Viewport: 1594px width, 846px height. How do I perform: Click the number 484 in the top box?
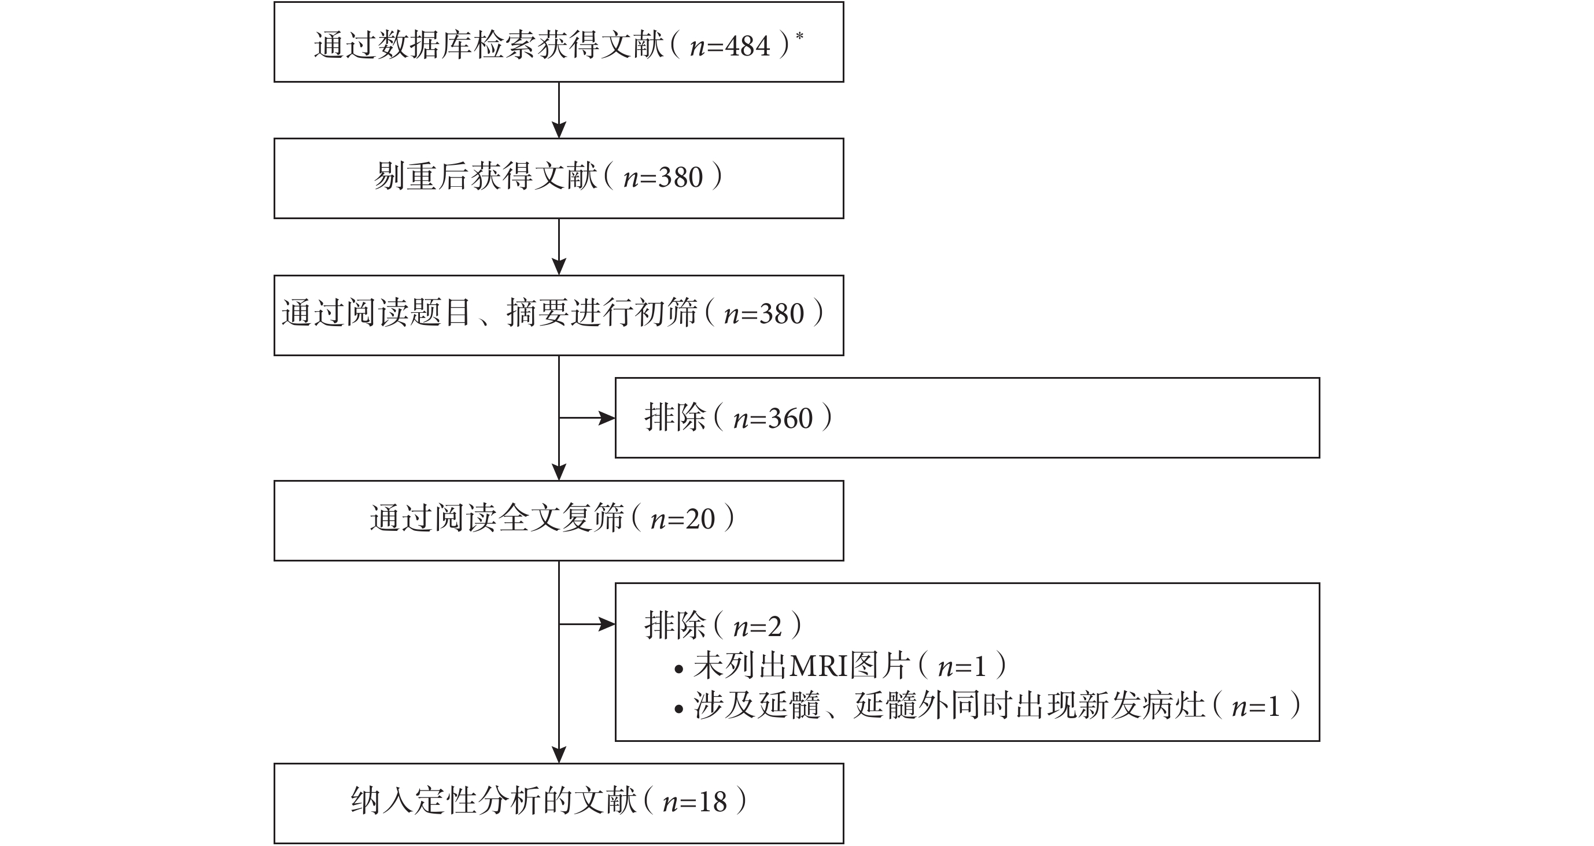pos(747,46)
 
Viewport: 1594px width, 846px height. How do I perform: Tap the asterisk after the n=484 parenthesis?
pos(799,36)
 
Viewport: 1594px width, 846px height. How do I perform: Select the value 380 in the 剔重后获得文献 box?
pos(681,178)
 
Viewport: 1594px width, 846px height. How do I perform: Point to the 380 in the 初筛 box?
pos(781,314)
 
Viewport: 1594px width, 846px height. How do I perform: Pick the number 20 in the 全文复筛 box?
pos(700,519)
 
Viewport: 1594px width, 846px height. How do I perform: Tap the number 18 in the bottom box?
pos(711,802)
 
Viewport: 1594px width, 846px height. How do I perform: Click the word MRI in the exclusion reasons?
pos(820,667)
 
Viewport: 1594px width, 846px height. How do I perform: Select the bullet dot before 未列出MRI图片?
pos(679,669)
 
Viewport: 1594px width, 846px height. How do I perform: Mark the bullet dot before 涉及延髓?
pos(679,708)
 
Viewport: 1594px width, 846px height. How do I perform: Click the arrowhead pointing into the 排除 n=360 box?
pos(607,418)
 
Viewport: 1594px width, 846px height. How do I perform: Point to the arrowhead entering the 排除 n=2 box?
pos(607,624)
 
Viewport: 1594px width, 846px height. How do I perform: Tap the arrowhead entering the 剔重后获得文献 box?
pos(559,130)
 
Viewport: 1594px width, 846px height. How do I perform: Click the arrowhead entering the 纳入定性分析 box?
pos(559,755)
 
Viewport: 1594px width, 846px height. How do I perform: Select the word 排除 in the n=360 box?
pos(675,418)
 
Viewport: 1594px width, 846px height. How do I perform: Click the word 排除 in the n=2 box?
pos(675,625)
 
